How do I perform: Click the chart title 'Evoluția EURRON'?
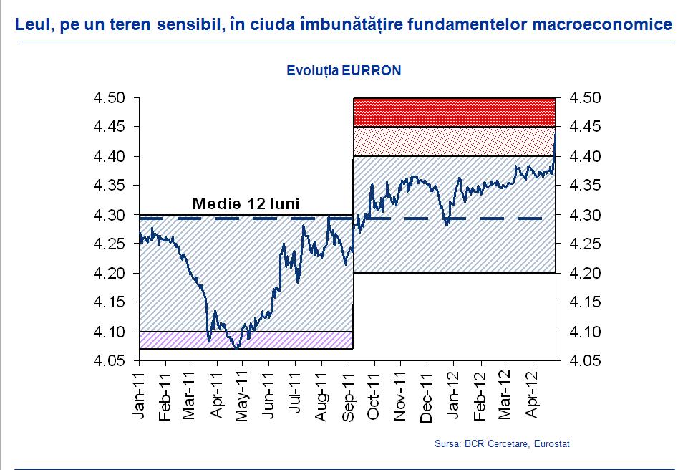pos(344,71)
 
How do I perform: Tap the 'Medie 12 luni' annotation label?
pos(246,203)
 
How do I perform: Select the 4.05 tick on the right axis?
pos(584,362)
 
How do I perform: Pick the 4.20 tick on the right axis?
pos(584,274)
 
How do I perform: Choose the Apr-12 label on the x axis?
pos(534,395)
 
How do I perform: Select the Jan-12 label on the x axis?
pos(455,395)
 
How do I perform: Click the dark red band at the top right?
pos(454,112)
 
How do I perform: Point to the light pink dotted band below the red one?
pos(454,141)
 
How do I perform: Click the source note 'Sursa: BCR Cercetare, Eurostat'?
pos(502,444)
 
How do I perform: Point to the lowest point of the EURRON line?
pos(236,347)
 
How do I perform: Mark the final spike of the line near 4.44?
pos(556,133)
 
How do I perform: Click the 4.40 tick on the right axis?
pos(584,156)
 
